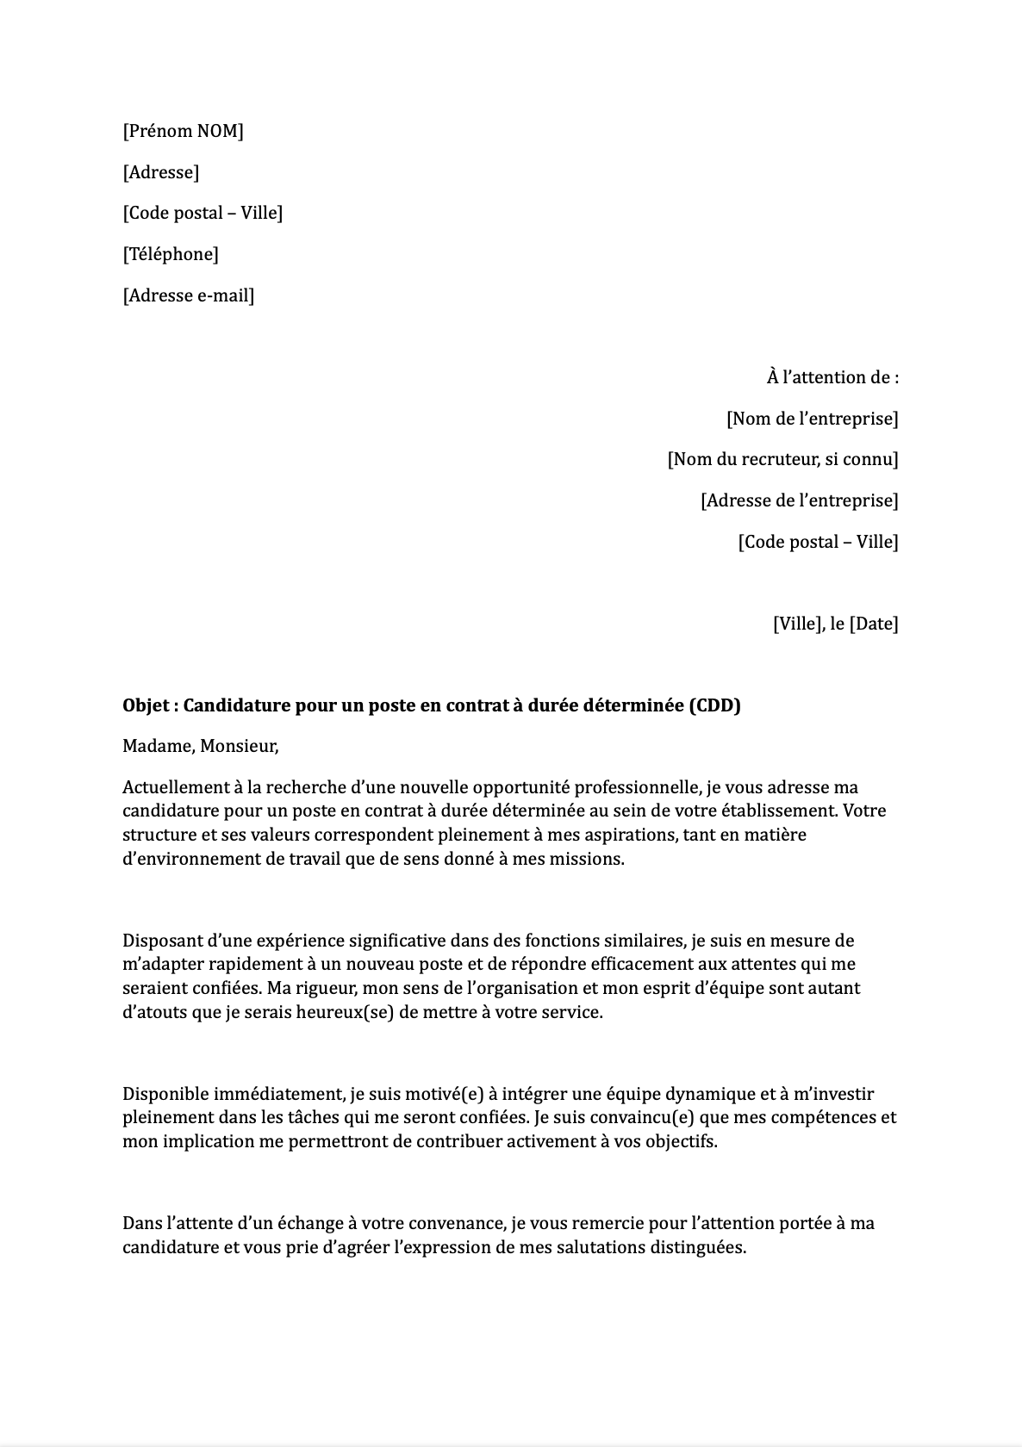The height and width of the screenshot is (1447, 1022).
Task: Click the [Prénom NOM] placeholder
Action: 183,131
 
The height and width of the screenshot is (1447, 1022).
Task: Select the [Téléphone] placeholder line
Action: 170,254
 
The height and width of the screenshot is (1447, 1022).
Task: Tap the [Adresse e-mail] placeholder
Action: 188,295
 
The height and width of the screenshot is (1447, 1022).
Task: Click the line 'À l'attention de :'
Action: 832,377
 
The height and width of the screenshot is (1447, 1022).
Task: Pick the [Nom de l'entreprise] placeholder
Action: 812,419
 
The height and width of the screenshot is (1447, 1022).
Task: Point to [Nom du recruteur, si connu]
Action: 782,459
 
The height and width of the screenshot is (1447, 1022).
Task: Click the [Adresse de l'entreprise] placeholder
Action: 799,500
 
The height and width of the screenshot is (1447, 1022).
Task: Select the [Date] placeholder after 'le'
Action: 874,624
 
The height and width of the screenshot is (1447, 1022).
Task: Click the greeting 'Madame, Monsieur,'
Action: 200,746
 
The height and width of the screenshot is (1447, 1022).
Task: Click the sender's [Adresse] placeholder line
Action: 161,172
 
